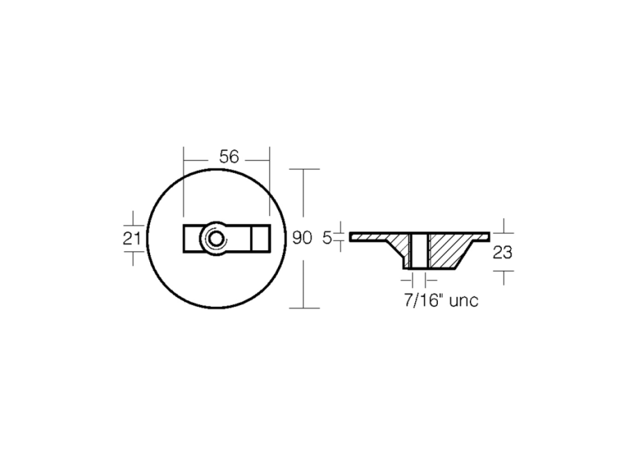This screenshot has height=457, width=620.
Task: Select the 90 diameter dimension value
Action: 302,238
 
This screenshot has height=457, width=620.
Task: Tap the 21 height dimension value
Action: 132,238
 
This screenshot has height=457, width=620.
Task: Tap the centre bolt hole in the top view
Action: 214,238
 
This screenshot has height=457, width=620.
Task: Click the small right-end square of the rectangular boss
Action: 260,238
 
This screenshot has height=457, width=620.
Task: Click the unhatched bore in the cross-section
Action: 418,251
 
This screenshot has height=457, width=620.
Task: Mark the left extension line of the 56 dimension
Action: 183,183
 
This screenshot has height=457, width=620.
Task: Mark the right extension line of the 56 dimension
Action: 270,183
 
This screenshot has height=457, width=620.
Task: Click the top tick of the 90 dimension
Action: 305,169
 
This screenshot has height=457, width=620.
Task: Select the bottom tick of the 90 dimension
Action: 305,308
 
